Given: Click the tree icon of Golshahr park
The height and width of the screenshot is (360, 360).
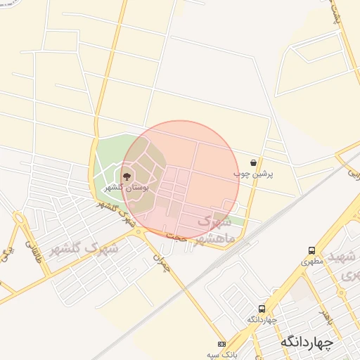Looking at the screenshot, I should point(127,176).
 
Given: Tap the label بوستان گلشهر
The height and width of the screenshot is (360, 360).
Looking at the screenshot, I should point(125,188).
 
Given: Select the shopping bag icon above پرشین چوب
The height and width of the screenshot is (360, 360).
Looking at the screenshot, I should point(253,162).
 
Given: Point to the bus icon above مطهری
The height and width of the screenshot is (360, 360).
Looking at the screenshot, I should point(311,250).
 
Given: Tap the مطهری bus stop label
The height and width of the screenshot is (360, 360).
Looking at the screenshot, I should point(310,261).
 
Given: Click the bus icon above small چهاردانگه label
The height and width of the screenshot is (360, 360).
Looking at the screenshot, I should point(262,309).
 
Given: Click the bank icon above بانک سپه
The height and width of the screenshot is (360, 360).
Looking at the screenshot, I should point(223,345).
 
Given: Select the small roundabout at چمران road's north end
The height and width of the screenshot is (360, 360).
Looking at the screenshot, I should point(146,233).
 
